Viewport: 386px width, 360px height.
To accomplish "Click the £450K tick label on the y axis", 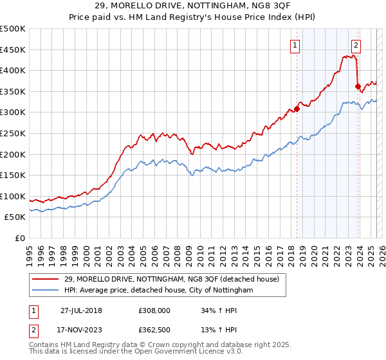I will (x=13, y=50).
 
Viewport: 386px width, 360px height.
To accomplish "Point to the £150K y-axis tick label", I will (x=13, y=175).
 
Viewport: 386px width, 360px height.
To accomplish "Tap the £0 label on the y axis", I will (x=20, y=238).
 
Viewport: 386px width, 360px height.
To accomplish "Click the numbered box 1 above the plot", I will (x=295, y=45).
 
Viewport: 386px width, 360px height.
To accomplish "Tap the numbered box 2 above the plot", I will (x=356, y=45).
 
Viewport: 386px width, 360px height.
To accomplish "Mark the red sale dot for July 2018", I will (x=297, y=109).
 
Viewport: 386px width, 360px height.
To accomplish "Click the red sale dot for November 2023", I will (x=358, y=85).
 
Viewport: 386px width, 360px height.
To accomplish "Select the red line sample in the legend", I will (x=45, y=280).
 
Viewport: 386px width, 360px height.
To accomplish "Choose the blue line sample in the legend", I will (x=45, y=291).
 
